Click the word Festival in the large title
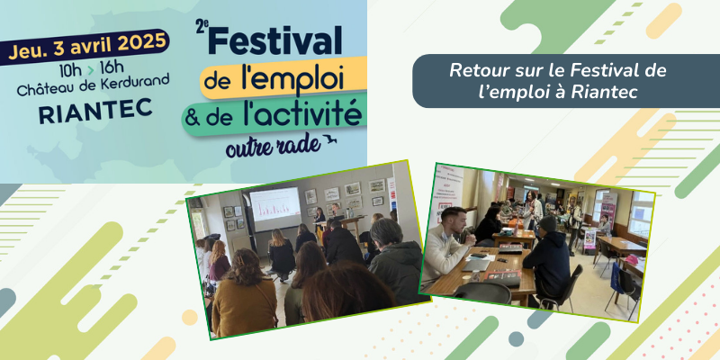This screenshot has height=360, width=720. [275, 40]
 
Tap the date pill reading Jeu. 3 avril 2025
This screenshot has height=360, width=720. [85, 47]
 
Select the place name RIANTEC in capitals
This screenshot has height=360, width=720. [95, 111]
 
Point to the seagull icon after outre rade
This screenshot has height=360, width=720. [328, 139]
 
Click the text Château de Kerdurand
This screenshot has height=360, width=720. [94, 85]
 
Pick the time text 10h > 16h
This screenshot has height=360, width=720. [92, 69]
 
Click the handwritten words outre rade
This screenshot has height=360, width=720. [273, 147]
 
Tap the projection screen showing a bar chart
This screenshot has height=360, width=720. [274, 209]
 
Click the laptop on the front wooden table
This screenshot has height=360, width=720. [476, 265]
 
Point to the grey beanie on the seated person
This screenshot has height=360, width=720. [547, 223]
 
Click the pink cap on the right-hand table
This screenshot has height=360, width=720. [632, 259]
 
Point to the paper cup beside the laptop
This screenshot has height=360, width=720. [466, 278]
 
